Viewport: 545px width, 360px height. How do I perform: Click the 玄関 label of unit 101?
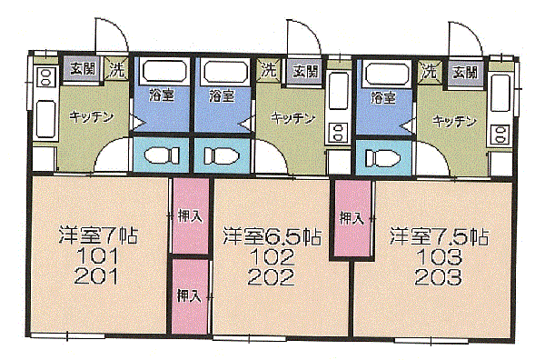click(83, 69)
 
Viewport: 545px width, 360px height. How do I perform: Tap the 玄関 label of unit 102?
click(305, 72)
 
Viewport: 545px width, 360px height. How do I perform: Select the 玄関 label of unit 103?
click(465, 73)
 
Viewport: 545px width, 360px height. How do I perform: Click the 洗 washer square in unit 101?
click(116, 69)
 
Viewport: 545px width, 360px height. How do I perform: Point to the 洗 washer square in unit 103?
click(430, 72)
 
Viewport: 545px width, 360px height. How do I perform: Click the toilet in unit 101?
click(162, 155)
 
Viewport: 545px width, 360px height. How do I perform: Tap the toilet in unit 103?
click(381, 158)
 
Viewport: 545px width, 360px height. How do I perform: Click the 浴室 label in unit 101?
click(162, 95)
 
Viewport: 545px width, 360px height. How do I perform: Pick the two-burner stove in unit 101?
click(46, 77)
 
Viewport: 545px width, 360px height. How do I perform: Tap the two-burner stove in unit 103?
click(500, 135)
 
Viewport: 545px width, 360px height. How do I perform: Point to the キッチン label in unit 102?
click(293, 119)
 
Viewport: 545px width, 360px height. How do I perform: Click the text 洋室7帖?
click(98, 235)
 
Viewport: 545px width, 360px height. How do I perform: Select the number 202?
click(271, 277)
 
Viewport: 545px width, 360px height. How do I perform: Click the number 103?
click(439, 257)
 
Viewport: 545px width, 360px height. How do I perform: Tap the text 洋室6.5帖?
click(272, 235)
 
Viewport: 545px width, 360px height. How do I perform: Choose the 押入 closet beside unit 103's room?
click(352, 219)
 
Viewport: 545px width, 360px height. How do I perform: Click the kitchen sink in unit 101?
click(45, 118)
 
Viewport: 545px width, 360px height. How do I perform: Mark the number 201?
click(96, 276)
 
